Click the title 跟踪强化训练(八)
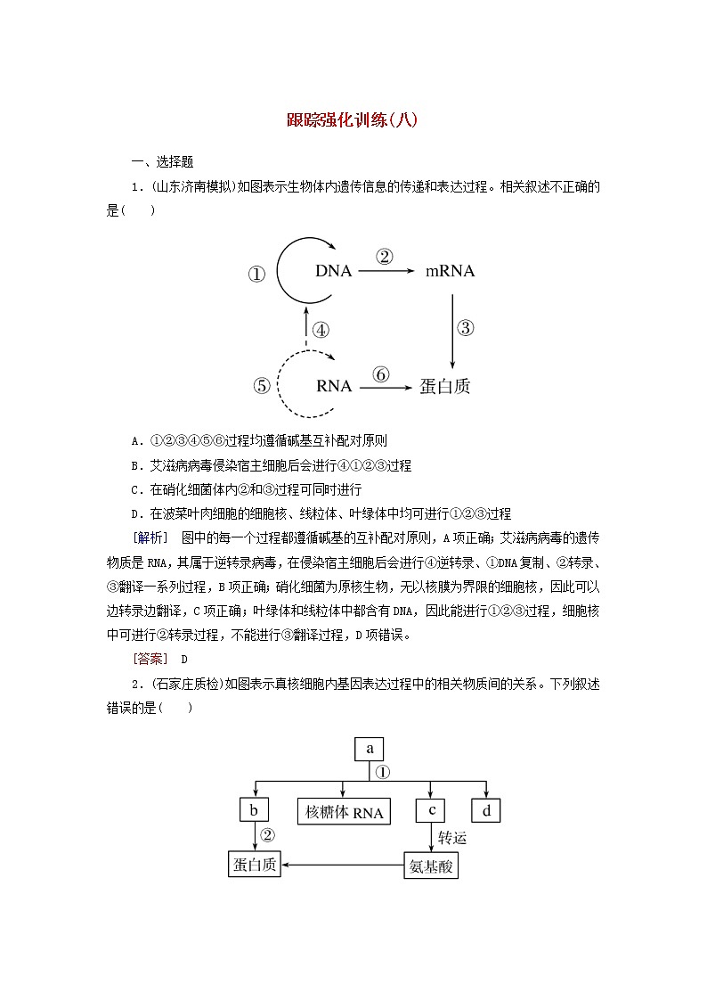(x=353, y=120)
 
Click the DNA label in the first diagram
(x=334, y=271)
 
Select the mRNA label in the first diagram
(x=448, y=271)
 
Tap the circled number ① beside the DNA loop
(x=256, y=275)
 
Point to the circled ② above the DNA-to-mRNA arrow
(x=385, y=257)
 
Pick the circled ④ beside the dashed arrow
(x=321, y=330)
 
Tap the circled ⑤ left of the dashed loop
(x=261, y=386)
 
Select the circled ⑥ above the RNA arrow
(x=381, y=374)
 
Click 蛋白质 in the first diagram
(x=445, y=386)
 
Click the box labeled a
(x=370, y=749)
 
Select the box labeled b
(x=254, y=810)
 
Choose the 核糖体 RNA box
(x=344, y=812)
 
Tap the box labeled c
(x=430, y=810)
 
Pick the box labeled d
(x=486, y=810)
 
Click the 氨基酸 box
(x=431, y=865)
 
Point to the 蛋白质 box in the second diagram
(x=255, y=864)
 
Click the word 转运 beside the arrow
(x=452, y=838)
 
